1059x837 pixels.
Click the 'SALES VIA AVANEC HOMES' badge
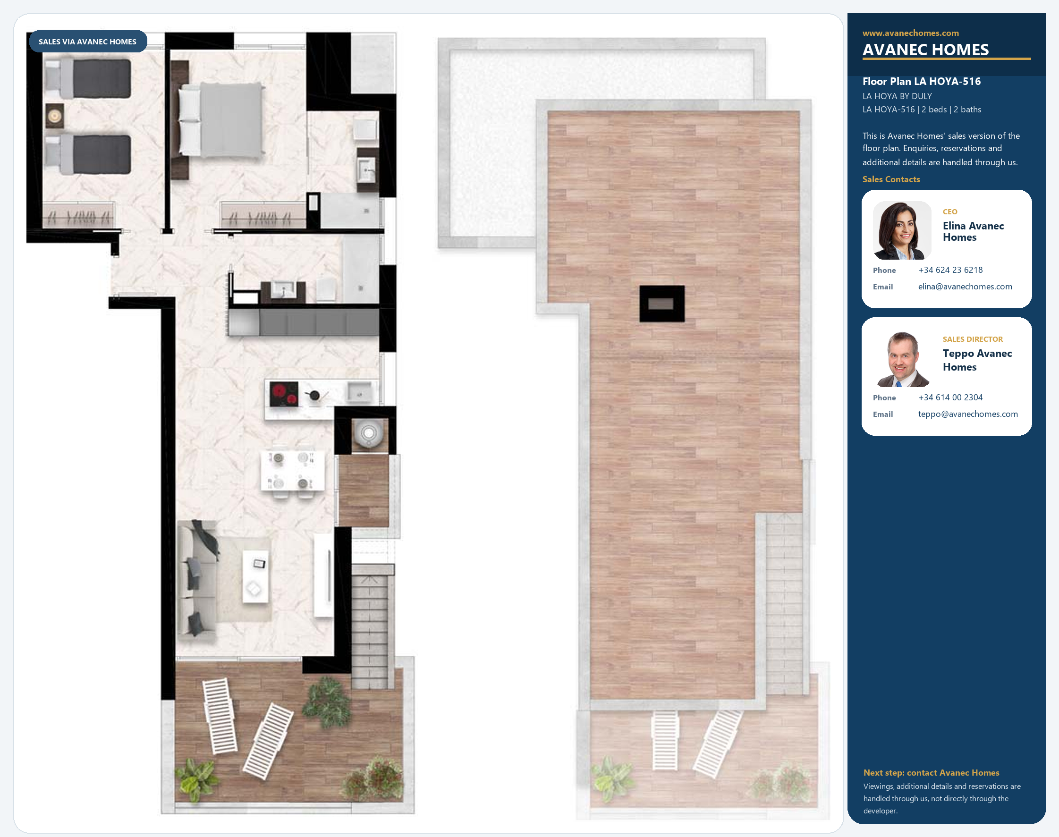pos(88,42)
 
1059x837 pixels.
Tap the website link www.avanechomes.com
pos(911,33)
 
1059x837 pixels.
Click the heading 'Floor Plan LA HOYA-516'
pos(921,81)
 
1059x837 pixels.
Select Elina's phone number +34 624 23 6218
pos(950,270)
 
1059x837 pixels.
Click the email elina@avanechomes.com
pos(965,287)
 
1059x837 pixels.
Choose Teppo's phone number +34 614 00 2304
pos(950,397)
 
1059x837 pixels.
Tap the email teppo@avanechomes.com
pos(968,414)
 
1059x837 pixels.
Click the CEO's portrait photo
pos(902,230)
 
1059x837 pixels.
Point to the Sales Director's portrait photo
pos(902,359)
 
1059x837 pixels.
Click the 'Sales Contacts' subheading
pos(891,179)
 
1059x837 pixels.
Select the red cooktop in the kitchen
pos(284,394)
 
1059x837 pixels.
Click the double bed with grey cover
pos(221,120)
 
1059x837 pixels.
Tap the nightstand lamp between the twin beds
pos(54,116)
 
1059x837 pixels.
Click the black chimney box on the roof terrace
pos(661,304)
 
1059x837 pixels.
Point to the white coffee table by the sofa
pos(255,576)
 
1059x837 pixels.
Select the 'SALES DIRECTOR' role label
pos(973,339)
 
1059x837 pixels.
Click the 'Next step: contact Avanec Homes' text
pos(931,773)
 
